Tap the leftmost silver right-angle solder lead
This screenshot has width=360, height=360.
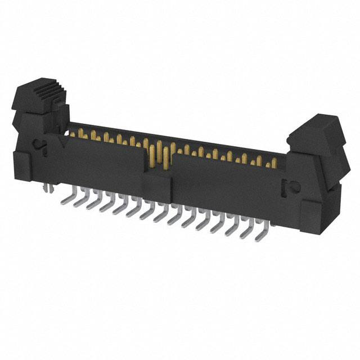point(64,197)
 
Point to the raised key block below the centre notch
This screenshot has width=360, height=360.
point(157,186)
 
